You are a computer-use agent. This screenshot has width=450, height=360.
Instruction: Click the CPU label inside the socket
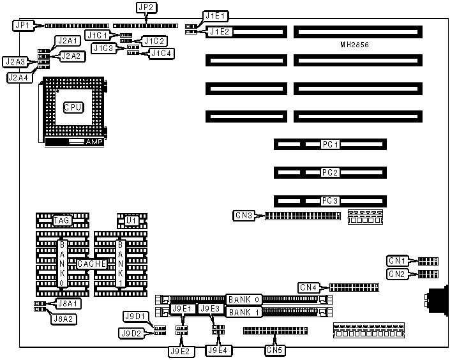point(72,107)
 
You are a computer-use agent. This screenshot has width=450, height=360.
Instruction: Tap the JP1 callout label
point(21,26)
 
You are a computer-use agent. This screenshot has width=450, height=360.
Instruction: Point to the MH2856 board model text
point(356,45)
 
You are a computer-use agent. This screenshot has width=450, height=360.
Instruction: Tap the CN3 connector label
point(244,216)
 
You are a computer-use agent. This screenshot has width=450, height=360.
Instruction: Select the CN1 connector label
point(397,260)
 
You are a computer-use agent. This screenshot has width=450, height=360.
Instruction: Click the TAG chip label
point(61,221)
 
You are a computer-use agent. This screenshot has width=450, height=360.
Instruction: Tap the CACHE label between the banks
point(91,264)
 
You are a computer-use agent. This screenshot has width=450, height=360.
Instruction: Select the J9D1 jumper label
point(135,317)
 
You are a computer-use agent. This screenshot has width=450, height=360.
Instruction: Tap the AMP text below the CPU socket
point(94,142)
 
